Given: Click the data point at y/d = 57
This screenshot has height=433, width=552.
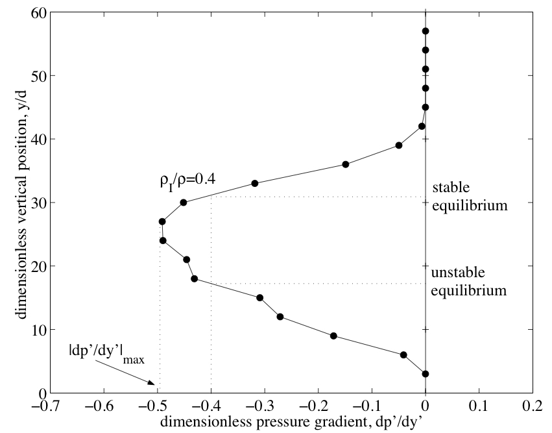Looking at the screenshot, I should (426, 31).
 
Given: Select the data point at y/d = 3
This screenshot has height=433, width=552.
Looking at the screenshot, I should (426, 374).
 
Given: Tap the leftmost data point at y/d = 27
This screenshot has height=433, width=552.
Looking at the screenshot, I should (162, 221).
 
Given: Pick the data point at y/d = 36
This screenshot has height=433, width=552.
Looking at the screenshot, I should (346, 164).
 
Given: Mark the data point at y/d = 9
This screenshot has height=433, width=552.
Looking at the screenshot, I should (333, 336).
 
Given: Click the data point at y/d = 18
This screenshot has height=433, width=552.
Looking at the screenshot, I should (195, 279).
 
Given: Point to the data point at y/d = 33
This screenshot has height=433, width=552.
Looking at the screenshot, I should (255, 183).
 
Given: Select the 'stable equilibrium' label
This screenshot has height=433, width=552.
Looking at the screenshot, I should (468, 197).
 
